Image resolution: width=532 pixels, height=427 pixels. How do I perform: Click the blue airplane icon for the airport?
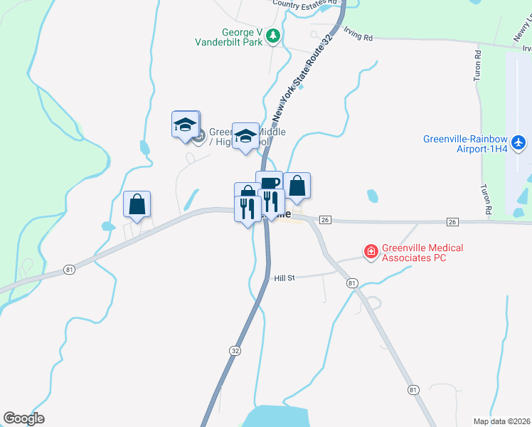518,143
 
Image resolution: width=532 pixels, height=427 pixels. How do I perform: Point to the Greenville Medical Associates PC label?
422,253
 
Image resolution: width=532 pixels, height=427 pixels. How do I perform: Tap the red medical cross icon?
371,251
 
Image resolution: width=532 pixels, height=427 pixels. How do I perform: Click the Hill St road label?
284,278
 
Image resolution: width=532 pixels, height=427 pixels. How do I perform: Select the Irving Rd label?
358,34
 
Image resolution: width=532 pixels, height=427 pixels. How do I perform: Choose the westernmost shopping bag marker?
136,204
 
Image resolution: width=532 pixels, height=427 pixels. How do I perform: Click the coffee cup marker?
269,184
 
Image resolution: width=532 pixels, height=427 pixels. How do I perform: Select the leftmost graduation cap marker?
185,125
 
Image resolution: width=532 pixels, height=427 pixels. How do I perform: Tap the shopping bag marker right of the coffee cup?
297,186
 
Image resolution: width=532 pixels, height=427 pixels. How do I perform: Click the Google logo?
23,418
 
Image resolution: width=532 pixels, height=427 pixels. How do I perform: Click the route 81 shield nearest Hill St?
352,283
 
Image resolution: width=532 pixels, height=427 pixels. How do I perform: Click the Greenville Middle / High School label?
234,137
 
